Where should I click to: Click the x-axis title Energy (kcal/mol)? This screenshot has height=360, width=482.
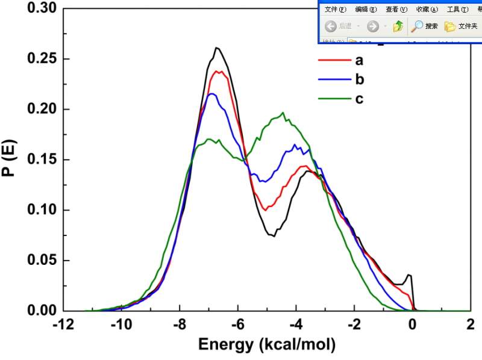tap(266, 345)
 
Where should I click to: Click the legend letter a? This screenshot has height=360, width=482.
tap(359, 60)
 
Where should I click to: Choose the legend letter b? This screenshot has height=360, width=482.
tap(360, 79)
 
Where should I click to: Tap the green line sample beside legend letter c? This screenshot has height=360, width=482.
tap(334, 99)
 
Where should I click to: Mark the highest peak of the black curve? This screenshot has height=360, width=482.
tap(216, 48)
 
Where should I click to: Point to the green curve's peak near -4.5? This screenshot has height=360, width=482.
tap(283, 113)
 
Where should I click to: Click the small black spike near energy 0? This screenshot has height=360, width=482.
tap(409, 275)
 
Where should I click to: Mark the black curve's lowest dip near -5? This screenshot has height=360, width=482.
tap(274, 236)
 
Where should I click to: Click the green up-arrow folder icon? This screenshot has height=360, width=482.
tap(398, 26)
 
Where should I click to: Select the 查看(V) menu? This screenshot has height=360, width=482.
tap(396, 9)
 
